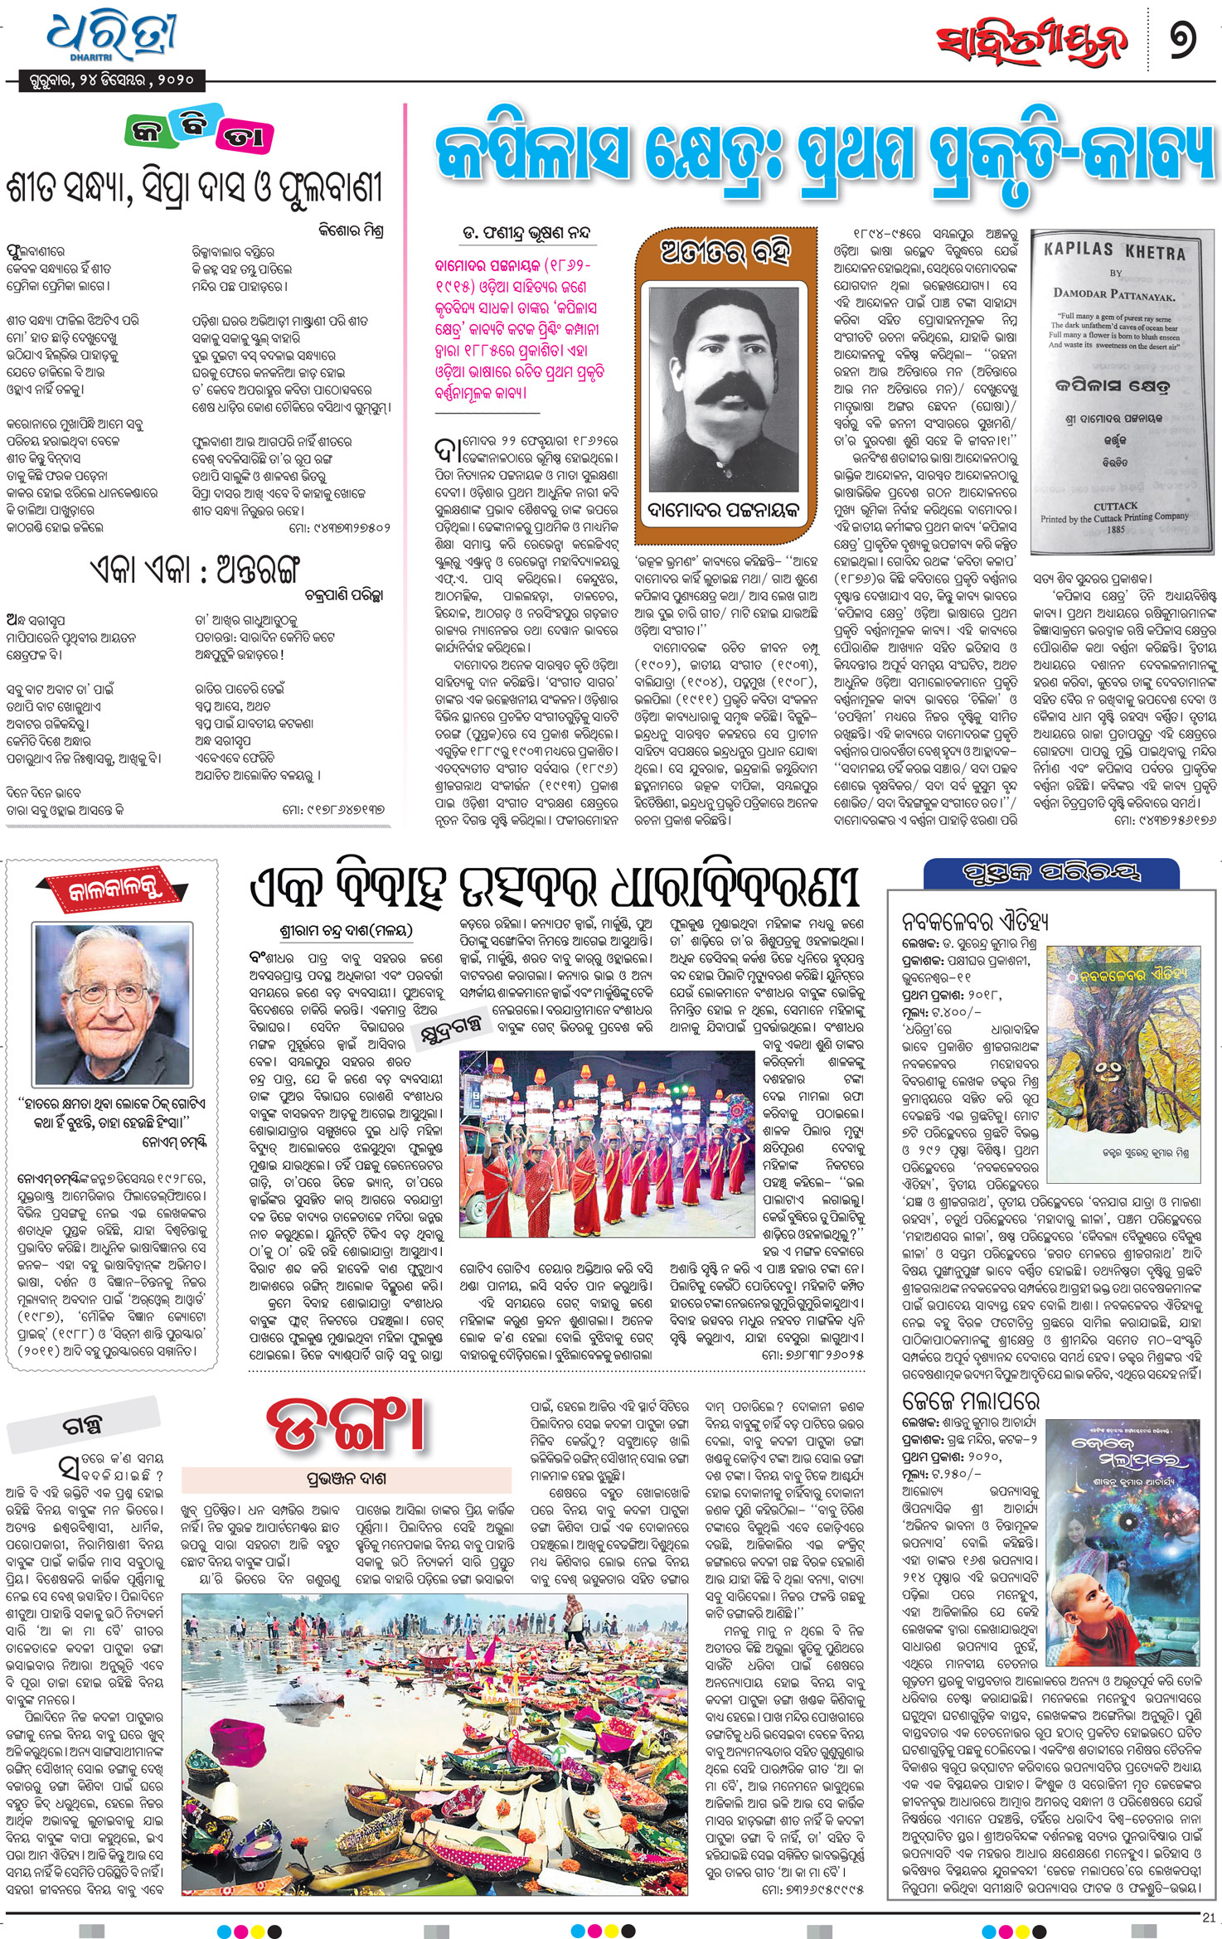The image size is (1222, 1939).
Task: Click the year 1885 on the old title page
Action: coord(1115,529)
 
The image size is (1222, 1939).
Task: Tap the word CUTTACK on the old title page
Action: coord(1115,506)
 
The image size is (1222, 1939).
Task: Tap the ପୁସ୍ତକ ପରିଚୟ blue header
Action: coord(1051,872)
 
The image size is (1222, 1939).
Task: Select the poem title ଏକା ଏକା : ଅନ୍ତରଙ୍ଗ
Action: coord(194,570)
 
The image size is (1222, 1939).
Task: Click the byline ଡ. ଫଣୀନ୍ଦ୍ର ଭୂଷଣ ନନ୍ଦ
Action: coord(526,233)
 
